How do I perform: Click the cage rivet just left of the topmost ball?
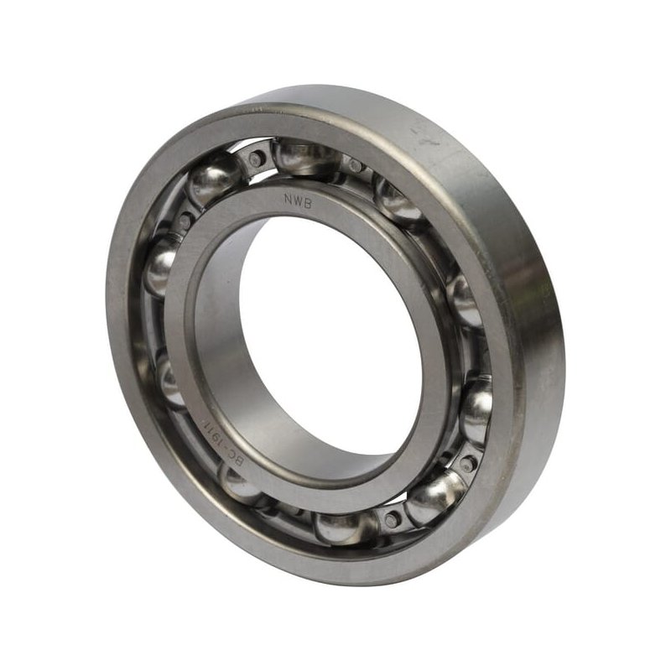tap(256, 157)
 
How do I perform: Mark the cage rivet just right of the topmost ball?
tap(356, 166)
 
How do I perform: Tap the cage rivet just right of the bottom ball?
tap(392, 519)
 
